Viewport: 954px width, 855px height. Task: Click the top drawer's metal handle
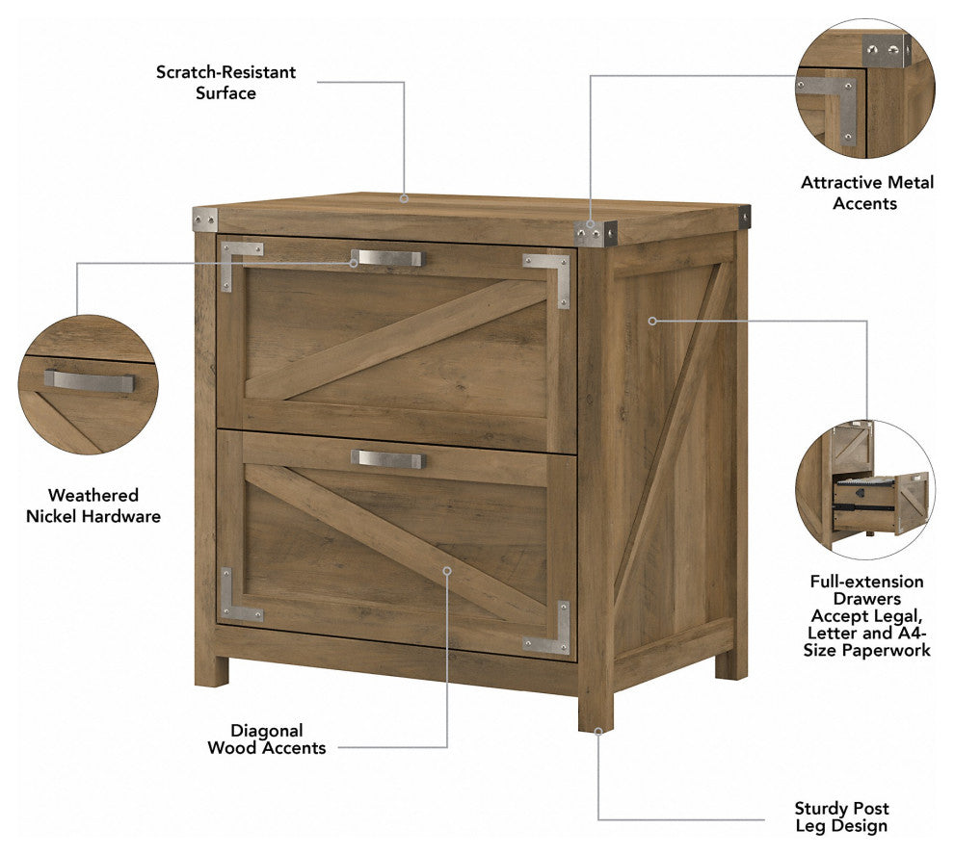(x=386, y=258)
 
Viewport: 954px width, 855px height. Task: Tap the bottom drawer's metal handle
(x=386, y=459)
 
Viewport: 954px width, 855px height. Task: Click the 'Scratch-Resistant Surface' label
(x=225, y=82)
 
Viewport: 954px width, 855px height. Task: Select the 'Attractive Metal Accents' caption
(x=866, y=193)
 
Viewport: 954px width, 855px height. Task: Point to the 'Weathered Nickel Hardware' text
(x=93, y=505)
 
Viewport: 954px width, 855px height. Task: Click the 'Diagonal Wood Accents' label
(x=267, y=738)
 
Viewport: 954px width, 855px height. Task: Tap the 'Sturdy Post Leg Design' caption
(x=841, y=816)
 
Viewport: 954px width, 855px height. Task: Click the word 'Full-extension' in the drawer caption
(x=866, y=582)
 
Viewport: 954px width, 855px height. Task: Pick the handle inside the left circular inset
(x=89, y=381)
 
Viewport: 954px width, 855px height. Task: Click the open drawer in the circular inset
(x=881, y=503)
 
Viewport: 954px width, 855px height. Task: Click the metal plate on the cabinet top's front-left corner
(x=205, y=219)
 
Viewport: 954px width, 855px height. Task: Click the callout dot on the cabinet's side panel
(x=652, y=321)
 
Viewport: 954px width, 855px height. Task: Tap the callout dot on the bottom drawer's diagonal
(x=446, y=571)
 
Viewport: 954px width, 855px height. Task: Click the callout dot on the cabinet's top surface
(x=404, y=198)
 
